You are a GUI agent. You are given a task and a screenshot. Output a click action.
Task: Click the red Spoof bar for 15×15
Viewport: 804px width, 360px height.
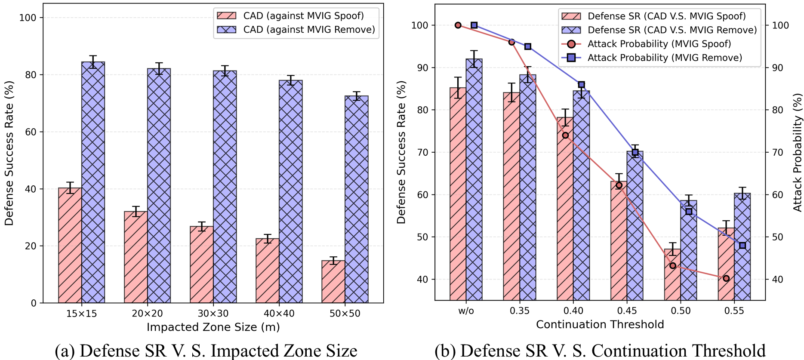coord(70,245)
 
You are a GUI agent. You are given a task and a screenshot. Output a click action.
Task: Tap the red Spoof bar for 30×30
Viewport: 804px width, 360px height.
coord(201,265)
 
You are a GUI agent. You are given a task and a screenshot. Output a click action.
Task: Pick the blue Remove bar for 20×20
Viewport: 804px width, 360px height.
coord(159,185)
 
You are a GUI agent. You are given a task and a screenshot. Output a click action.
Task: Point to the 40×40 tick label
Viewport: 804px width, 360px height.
coord(279,314)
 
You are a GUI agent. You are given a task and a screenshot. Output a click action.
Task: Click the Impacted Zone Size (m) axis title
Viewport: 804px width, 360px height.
coord(213,327)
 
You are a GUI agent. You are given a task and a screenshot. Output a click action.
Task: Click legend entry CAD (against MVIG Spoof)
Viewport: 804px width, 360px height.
coord(303,16)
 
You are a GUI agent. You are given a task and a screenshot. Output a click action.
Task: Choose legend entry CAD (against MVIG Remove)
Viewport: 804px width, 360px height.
coord(309,30)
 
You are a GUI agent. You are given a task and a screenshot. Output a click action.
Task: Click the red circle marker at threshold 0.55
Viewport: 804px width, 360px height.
coord(726,278)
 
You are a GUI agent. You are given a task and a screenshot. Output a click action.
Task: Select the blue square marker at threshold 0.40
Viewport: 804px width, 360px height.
coord(581,85)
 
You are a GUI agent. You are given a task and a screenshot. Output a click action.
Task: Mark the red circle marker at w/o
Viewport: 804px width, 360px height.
coord(458,25)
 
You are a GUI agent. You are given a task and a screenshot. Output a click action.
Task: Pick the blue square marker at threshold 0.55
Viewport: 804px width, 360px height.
coord(742,246)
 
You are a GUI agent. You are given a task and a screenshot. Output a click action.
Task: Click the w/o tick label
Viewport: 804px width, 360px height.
coord(466,311)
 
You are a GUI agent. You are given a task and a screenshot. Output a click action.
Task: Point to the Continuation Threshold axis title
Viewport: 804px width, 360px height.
coord(600,324)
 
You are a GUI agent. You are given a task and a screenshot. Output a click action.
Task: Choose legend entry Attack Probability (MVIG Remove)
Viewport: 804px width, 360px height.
coord(665,58)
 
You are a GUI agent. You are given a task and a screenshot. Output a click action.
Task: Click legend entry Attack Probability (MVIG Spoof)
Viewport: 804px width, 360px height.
coord(659,44)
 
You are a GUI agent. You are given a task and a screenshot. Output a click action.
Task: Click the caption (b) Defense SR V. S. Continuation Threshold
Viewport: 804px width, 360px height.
coord(600,351)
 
